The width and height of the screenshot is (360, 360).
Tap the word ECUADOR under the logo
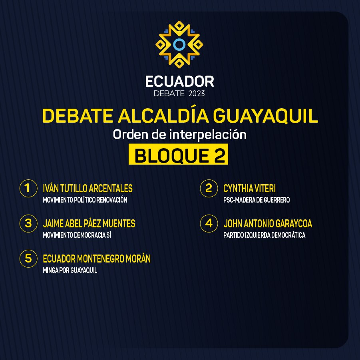pyautogui.click(x=179, y=82)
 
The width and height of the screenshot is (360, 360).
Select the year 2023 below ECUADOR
pyautogui.click(x=196, y=93)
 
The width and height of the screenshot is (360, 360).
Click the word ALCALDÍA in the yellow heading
pyautogui.click(x=163, y=116)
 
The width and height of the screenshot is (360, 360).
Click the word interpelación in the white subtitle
pyautogui.click(x=208, y=135)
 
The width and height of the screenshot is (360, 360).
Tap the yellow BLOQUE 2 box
pyautogui.click(x=178, y=154)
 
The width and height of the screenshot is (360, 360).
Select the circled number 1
pyautogui.click(x=28, y=188)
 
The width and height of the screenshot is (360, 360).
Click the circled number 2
pyautogui.click(x=209, y=188)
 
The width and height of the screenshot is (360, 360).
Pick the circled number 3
pyautogui.click(x=28, y=223)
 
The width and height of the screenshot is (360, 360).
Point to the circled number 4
pyautogui.click(x=209, y=223)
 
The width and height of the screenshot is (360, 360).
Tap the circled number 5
pyautogui.click(x=28, y=259)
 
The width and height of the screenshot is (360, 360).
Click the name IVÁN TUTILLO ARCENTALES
pyautogui.click(x=88, y=188)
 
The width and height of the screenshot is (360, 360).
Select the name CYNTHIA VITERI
pyautogui.click(x=249, y=189)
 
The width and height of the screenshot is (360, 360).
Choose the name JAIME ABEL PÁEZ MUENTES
pyautogui.click(x=89, y=224)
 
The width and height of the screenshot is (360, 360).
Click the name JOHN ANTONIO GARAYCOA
pyautogui.click(x=268, y=224)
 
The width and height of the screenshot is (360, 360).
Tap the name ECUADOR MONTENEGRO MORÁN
pyautogui.click(x=97, y=259)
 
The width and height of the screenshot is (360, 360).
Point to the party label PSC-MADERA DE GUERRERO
pyautogui.click(x=257, y=200)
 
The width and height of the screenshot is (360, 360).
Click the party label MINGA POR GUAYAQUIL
pyautogui.click(x=70, y=270)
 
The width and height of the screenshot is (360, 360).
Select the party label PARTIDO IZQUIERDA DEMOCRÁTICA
pyautogui.click(x=264, y=235)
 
